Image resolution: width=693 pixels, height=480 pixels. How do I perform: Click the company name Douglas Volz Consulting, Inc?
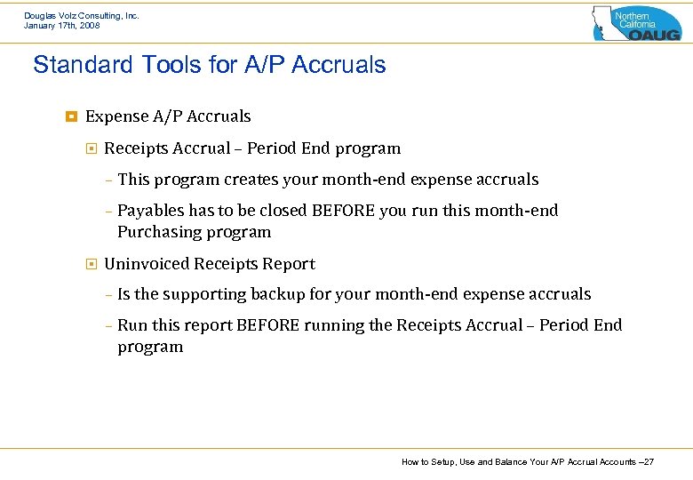click(81, 16)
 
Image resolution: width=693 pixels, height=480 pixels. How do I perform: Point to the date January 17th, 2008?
click(61, 26)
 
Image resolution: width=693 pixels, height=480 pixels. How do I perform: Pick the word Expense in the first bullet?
click(115, 116)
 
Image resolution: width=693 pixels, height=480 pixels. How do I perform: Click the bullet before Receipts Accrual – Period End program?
click(91, 148)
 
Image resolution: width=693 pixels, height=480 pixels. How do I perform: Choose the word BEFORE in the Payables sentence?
click(343, 211)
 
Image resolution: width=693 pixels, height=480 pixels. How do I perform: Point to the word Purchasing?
click(154, 232)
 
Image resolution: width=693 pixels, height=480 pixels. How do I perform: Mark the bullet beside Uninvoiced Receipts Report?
click(91, 264)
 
